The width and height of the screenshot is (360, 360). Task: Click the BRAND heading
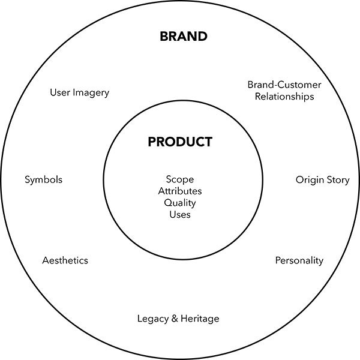183,37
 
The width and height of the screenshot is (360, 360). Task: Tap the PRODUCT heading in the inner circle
180,142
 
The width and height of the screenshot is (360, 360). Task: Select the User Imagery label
80,92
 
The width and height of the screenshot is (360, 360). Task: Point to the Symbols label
43,179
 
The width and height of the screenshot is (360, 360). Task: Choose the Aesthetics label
65,260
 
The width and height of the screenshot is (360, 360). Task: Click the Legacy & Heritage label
178,318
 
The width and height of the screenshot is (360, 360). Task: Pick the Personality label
299,260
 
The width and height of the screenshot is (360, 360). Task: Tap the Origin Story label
322,180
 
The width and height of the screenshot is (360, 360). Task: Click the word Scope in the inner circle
180,179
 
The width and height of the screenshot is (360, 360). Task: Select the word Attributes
180,191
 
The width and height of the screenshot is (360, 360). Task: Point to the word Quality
180,203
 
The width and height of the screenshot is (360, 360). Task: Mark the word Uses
180,215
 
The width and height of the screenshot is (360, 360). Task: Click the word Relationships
284,96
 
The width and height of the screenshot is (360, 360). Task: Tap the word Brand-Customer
284,85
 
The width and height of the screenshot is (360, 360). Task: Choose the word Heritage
200,318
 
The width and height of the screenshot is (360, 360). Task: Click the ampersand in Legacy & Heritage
175,318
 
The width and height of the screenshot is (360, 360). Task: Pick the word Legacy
153,318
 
